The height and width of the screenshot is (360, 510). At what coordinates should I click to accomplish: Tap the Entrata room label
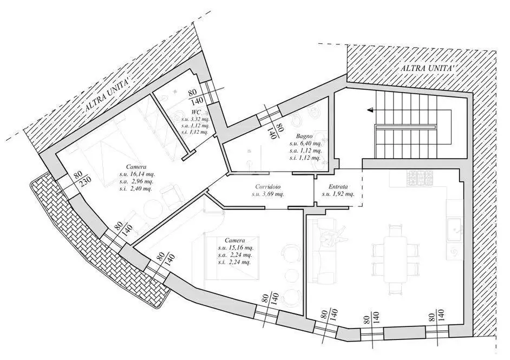coord(338,187)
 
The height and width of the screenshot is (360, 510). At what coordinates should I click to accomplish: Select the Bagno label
coord(304,136)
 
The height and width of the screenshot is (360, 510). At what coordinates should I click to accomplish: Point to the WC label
coord(197,113)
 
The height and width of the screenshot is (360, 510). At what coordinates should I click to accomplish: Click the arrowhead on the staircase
coord(370,110)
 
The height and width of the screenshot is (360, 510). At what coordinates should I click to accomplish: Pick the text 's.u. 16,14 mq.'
coord(134,174)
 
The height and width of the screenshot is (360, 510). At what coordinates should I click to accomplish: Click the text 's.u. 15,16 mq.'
coord(236,247)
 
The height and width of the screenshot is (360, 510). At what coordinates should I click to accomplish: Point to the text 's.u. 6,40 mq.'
coord(305,143)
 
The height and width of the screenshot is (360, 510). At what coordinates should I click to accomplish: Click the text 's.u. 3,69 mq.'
coord(267,194)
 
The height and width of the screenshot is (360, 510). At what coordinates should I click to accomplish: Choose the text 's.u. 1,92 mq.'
coord(338,194)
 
